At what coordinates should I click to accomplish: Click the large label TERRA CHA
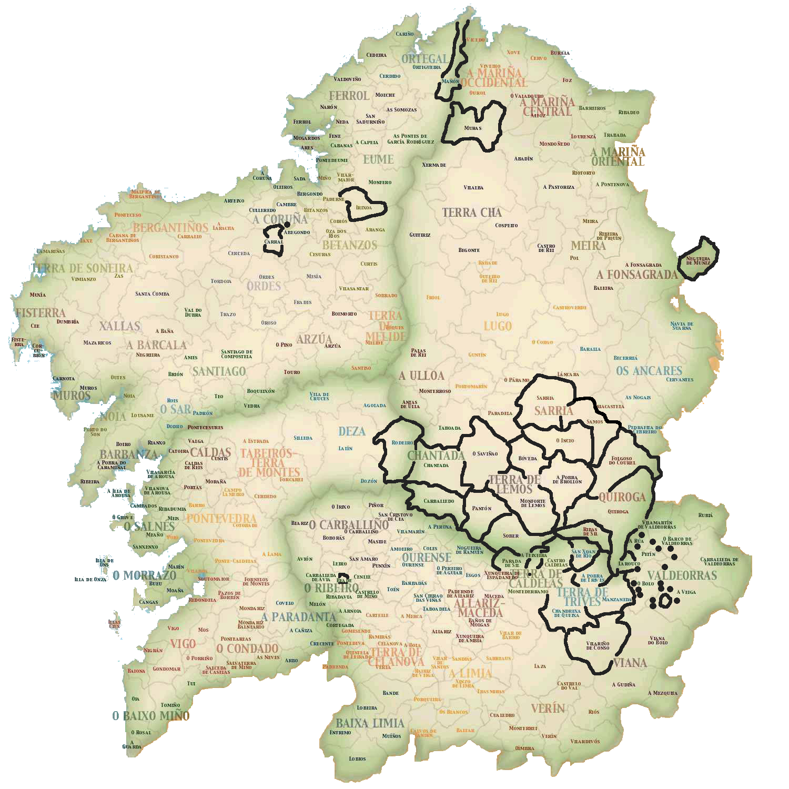coord(472,213)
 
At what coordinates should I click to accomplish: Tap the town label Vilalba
coord(473,188)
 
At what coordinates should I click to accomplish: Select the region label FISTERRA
coord(41,313)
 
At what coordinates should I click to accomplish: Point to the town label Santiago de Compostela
coord(236,354)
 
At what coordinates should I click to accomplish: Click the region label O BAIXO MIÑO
coord(150,716)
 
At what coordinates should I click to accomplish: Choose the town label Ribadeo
coord(629,113)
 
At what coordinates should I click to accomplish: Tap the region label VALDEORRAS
coord(682,575)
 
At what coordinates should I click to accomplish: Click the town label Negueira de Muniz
coord(698,260)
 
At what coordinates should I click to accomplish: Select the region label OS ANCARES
coord(649,371)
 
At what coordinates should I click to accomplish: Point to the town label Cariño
coord(404,34)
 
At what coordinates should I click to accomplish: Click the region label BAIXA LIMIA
coord(370,723)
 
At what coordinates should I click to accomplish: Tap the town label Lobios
coord(357,758)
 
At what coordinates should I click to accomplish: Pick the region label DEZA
coord(352,431)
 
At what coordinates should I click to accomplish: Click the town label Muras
coord(473,128)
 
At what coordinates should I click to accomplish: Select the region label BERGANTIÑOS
coord(170,228)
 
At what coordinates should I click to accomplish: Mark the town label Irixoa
coord(363,208)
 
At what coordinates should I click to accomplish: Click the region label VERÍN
coord(548,708)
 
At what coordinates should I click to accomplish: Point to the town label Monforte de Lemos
coord(533,503)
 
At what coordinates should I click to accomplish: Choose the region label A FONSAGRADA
coord(637,275)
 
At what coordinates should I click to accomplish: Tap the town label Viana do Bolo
coord(657,640)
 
